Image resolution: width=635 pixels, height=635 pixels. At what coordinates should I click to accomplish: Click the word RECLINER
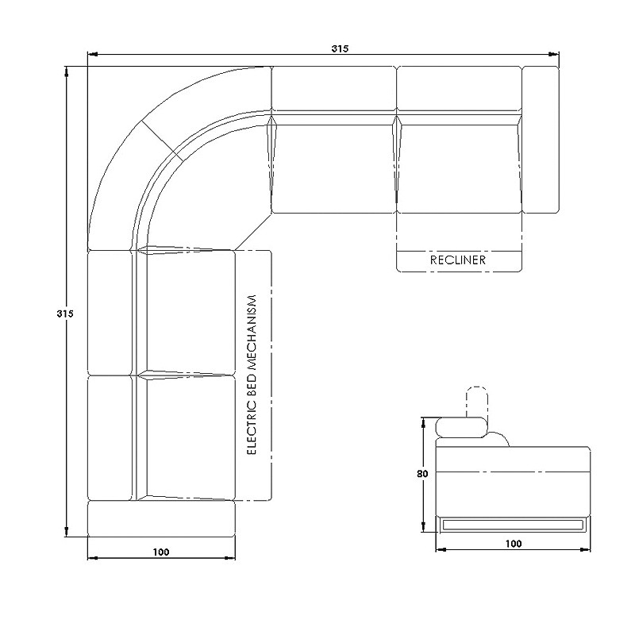458,260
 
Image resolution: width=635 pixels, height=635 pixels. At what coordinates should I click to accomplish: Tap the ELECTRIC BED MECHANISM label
252,375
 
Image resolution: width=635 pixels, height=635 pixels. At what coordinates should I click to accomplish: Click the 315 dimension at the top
340,48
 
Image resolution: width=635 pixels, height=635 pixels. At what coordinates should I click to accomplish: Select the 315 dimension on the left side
65,313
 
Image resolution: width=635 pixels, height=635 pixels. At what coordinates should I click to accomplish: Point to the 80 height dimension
422,473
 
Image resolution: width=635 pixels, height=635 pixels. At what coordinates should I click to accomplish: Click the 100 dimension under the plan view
161,552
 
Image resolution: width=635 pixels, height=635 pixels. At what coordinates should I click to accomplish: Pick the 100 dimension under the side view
513,544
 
